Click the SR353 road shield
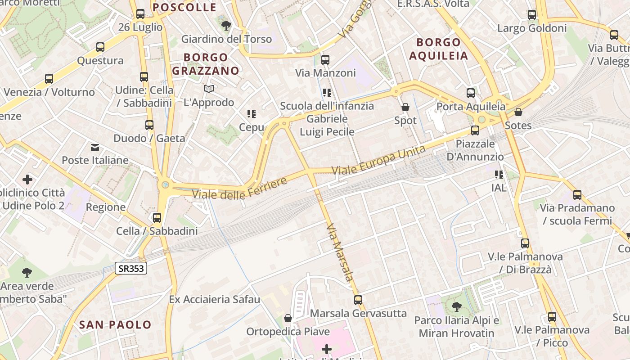click(x=131, y=269)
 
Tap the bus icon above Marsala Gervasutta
click(x=358, y=300)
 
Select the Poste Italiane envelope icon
click(x=95, y=147)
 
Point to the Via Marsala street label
click(x=340, y=252)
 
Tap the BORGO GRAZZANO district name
click(x=206, y=64)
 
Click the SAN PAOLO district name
click(x=115, y=324)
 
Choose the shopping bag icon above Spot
click(x=405, y=107)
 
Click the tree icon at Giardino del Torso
click(x=226, y=26)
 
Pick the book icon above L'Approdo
click(x=208, y=89)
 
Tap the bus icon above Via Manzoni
click(x=325, y=59)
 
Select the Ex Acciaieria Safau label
click(x=215, y=299)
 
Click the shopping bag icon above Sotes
click(x=518, y=112)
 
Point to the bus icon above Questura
click(x=100, y=47)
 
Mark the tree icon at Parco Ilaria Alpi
click(x=457, y=307)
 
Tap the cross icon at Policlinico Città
click(x=27, y=180)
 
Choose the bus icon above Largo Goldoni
click(x=532, y=15)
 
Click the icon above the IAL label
click(x=499, y=174)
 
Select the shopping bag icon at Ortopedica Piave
click(x=288, y=319)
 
